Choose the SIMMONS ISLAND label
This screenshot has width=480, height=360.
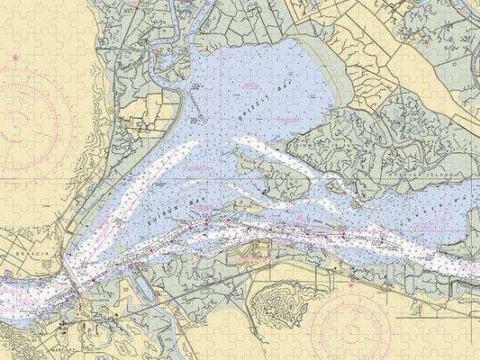317,148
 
